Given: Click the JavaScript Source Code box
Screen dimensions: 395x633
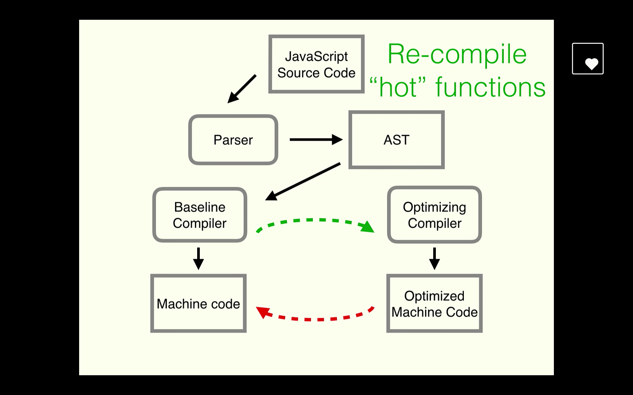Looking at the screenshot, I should pyautogui.click(x=316, y=64).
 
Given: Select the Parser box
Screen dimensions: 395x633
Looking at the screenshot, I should pyautogui.click(x=233, y=140).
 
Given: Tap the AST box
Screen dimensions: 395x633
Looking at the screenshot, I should pyautogui.click(x=396, y=140).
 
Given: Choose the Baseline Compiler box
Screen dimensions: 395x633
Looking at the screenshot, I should pyautogui.click(x=199, y=215).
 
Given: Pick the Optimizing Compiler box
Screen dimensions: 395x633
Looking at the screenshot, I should pyautogui.click(x=434, y=215).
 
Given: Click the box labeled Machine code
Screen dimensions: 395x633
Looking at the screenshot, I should pyautogui.click(x=198, y=304).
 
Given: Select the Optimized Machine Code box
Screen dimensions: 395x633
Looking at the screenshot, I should pyautogui.click(x=434, y=304).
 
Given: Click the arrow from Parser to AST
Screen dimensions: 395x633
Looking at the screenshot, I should pyautogui.click(x=316, y=139).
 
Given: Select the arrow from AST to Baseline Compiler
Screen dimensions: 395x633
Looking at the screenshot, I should pyautogui.click(x=303, y=181).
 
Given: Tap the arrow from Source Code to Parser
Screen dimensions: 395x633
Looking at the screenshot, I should pyautogui.click(x=242, y=89).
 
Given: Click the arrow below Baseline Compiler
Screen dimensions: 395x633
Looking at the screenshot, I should pyautogui.click(x=198, y=258).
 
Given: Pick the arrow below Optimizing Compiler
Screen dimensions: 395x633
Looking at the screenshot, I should pyautogui.click(x=434, y=258).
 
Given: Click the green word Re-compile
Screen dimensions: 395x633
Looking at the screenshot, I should pyautogui.click(x=457, y=54).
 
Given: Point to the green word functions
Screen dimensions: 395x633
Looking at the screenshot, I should pyautogui.click(x=490, y=87).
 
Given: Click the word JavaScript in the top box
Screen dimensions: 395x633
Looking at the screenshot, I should pyautogui.click(x=316, y=56).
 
